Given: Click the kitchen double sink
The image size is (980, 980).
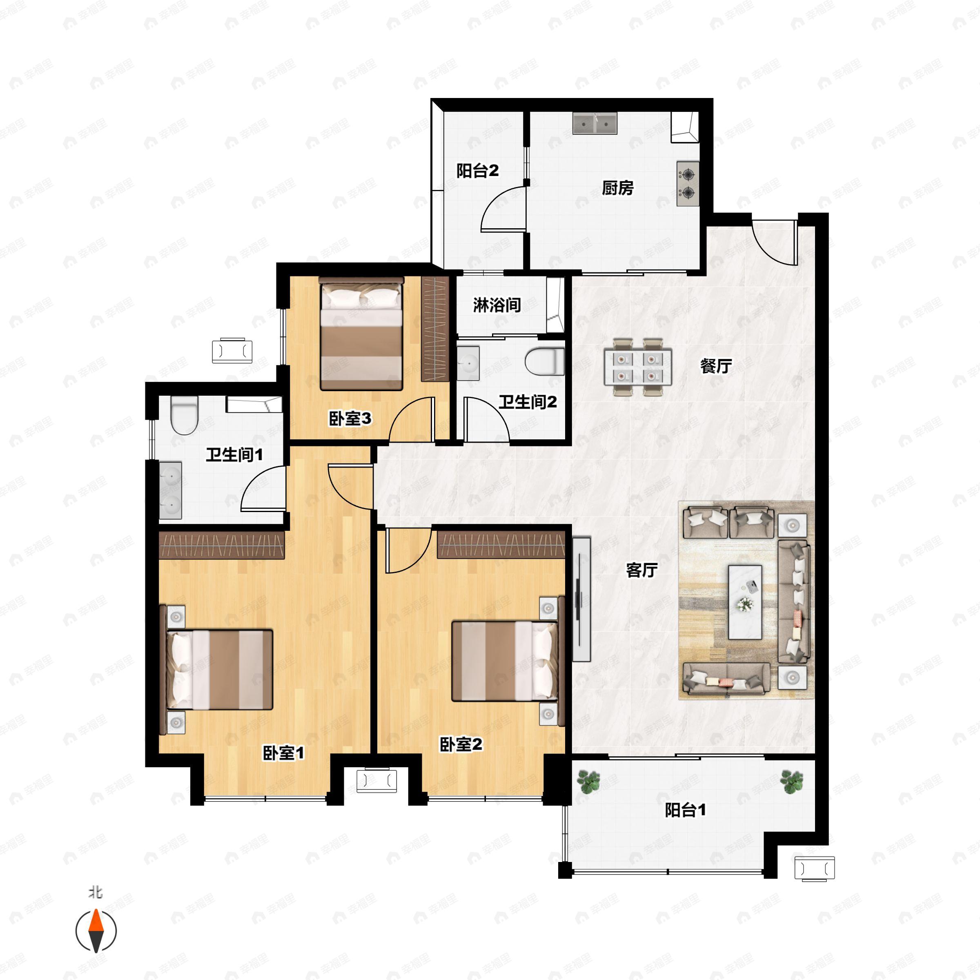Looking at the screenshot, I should pos(595,123).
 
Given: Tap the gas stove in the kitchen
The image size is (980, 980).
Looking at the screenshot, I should pos(687,184).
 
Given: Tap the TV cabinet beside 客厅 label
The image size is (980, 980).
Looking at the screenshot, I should pos(581,599).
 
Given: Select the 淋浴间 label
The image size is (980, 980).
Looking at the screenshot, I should pos(497,305).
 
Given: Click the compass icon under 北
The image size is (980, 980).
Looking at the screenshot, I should pos(96,931).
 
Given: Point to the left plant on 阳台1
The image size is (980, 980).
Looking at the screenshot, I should pos(588,781).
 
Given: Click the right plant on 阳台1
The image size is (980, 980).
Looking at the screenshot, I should pos(791,781).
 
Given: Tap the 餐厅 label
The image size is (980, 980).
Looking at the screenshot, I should pos(716,366).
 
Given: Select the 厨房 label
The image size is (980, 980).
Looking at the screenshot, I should pos(617,188).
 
